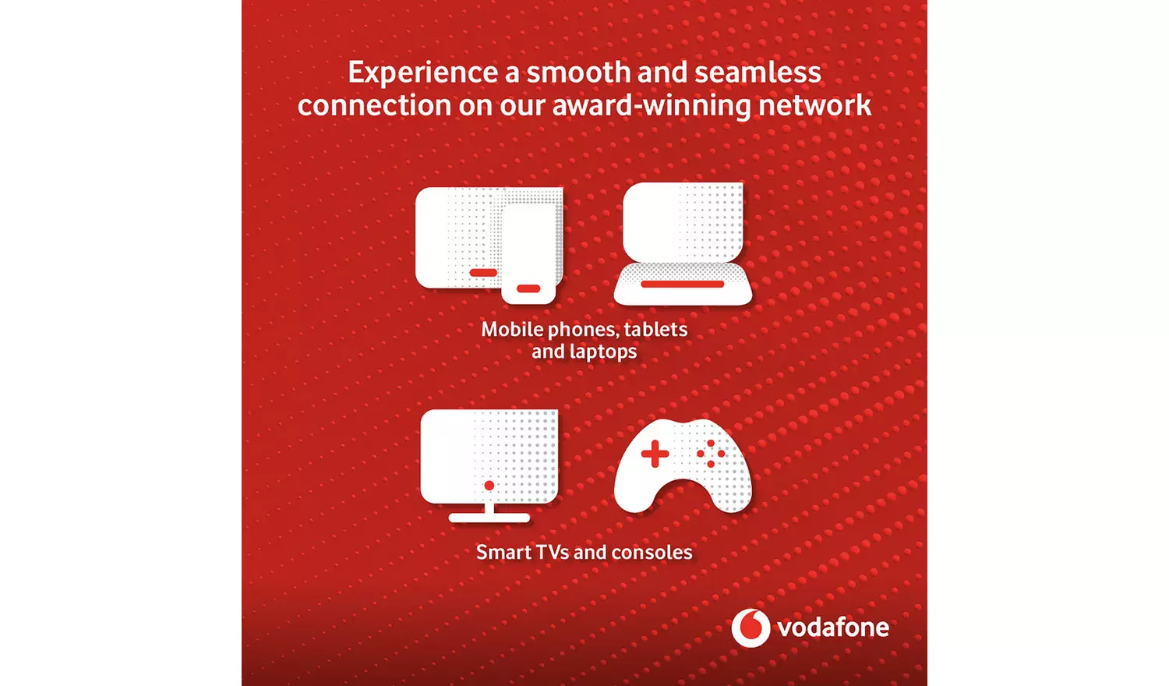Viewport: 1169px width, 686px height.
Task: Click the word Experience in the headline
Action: tap(422, 73)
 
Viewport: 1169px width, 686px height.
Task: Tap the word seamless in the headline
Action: tap(757, 72)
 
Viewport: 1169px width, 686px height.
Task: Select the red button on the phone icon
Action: tap(528, 289)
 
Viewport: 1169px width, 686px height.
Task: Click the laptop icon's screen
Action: tap(683, 222)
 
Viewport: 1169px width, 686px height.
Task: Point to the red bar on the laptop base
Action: tap(683, 285)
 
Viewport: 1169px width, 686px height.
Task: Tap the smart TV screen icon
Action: tap(489, 456)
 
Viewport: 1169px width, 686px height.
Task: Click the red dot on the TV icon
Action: tap(489, 486)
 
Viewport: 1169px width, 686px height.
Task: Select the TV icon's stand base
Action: tap(489, 518)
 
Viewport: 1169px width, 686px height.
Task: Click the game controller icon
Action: tap(683, 468)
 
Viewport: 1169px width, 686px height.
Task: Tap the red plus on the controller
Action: tap(655, 454)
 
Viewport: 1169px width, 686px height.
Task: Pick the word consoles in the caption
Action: tap(652, 553)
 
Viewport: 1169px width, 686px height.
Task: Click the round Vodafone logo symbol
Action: tap(750, 628)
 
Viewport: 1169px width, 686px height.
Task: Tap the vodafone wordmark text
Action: tap(833, 628)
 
